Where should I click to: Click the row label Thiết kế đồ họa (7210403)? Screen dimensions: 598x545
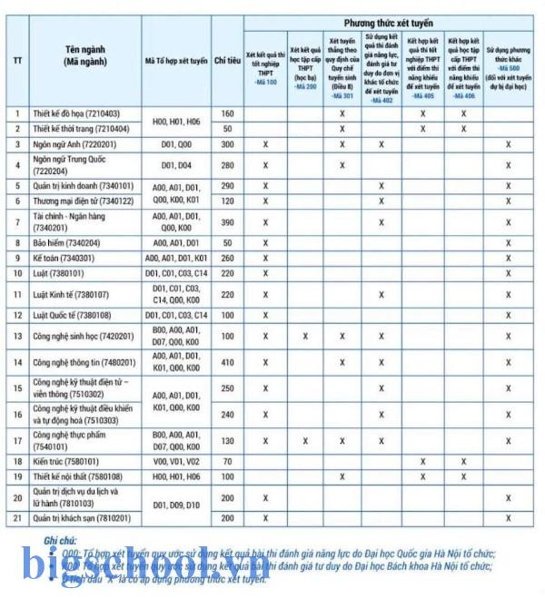pyautogui.click(x=76, y=113)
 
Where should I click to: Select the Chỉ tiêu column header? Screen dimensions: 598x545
pyautogui.click(x=227, y=61)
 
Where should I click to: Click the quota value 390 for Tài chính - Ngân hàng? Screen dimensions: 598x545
pyautogui.click(x=227, y=222)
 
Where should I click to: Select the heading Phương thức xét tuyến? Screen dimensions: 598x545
pyautogui.click(x=388, y=22)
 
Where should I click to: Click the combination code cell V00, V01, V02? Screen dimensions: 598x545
pyautogui.click(x=177, y=462)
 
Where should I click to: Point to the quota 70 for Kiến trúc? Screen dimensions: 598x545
pyautogui.click(x=227, y=462)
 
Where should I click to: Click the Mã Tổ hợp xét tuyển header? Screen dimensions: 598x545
pyautogui.click(x=177, y=61)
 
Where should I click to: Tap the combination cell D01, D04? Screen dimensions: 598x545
pyautogui.click(x=177, y=165)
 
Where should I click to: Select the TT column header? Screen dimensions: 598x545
pyautogui.click(x=17, y=61)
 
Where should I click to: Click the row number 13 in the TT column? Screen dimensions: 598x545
pyautogui.click(x=17, y=337)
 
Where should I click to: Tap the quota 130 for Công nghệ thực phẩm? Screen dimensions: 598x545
pyautogui.click(x=227, y=440)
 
